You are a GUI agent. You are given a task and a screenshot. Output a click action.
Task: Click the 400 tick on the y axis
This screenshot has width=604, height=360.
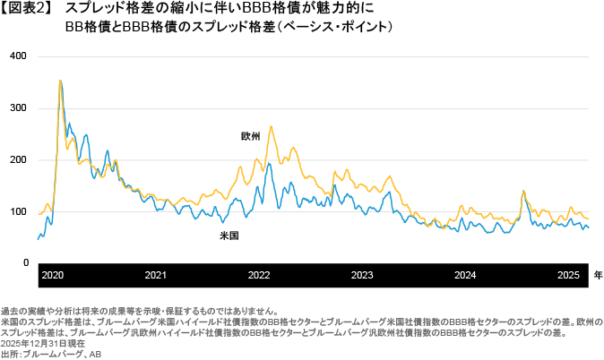18,56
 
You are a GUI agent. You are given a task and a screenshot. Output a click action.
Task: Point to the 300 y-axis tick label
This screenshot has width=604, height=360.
18,107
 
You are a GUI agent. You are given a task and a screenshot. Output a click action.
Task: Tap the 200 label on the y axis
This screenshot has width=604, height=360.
18,159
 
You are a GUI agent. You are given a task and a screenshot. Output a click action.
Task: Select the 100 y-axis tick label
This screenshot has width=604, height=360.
18,211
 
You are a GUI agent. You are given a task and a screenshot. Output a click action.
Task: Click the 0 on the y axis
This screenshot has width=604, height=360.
26,263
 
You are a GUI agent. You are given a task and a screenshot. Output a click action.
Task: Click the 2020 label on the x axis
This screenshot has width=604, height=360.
52,275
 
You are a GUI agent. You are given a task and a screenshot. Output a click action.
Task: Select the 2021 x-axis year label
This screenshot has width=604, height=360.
156,275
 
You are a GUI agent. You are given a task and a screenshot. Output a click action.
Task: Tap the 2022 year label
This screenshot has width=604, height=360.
259,275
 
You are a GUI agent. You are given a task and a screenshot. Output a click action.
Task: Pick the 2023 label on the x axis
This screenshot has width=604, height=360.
362,275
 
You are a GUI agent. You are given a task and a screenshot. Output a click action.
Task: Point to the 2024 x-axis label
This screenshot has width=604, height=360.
465,275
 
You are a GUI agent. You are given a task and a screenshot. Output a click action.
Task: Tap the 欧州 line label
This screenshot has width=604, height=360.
250,136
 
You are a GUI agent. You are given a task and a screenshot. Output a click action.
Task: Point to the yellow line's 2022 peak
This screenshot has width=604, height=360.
271,126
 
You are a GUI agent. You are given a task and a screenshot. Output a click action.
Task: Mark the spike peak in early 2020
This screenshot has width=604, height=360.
60,81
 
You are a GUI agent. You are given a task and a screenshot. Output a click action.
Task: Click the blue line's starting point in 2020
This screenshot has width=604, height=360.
38,239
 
